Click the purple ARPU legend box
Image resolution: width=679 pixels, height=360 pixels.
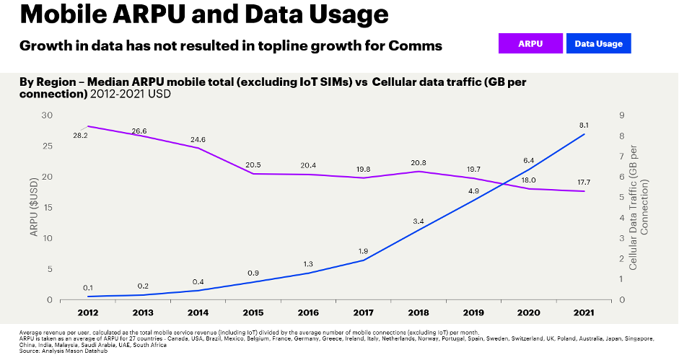pos(530,44)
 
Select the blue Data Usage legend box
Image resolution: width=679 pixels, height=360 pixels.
pos(598,44)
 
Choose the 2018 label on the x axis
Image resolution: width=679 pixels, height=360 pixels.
pos(419,312)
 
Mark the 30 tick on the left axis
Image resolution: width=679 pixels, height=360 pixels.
pos(48,115)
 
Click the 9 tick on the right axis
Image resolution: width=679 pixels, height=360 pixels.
pos(621,115)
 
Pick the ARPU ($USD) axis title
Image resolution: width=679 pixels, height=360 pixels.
pos(33,207)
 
